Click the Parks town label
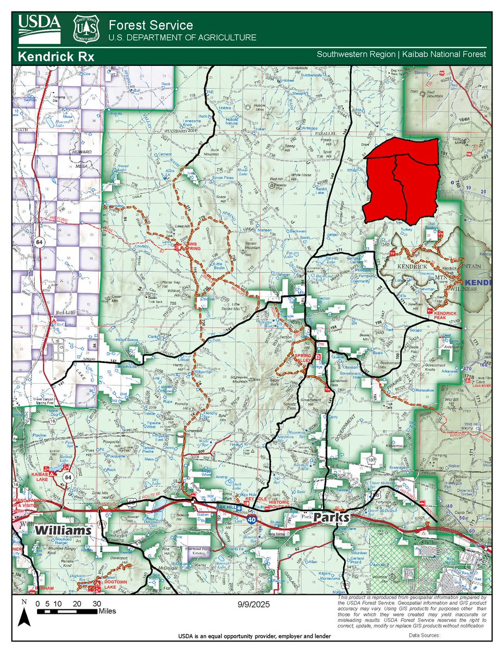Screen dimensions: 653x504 332,518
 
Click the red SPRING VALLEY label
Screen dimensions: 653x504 304,358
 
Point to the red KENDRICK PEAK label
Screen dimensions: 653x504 445,315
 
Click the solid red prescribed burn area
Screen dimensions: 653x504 402,182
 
